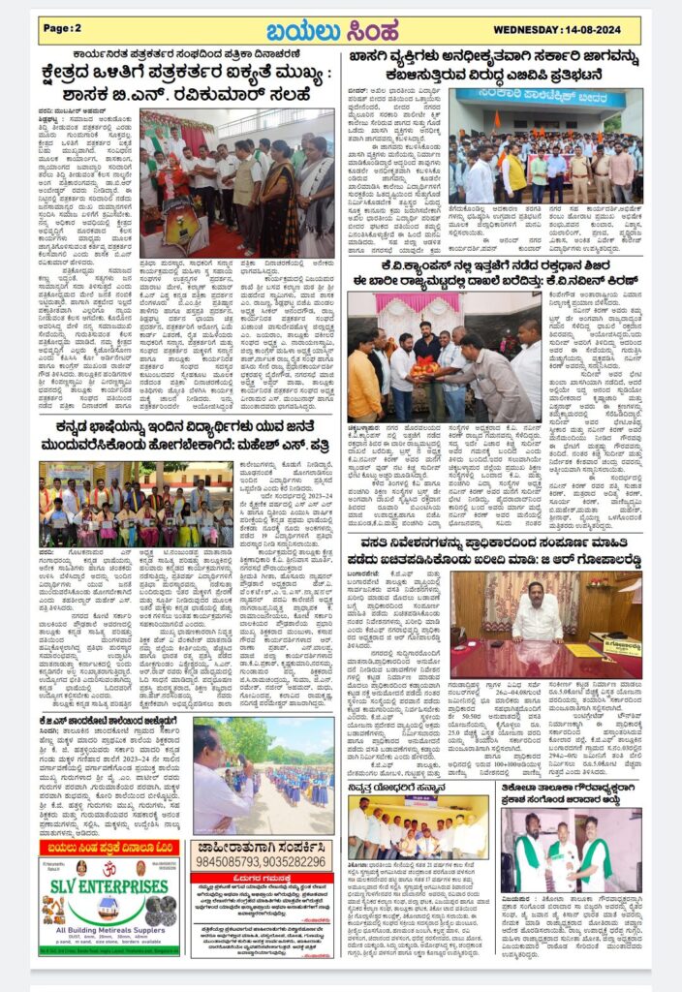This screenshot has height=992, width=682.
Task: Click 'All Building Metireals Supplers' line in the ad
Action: tap(108, 932)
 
